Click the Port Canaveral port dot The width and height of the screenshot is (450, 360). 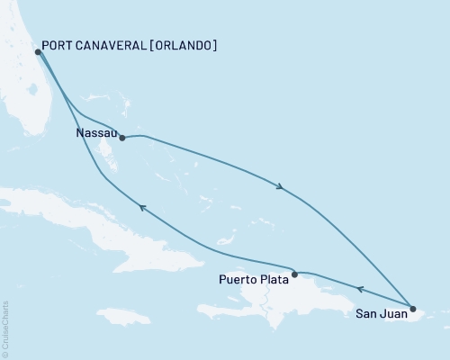(x=38, y=52)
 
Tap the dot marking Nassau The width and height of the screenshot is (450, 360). (x=121, y=139)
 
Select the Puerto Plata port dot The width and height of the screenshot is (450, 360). (x=295, y=273)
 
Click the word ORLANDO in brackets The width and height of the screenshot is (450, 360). (x=183, y=45)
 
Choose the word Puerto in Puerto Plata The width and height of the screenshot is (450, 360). (x=236, y=280)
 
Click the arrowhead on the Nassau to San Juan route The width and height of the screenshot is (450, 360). (x=281, y=187)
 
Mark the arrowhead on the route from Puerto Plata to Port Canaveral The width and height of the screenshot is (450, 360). (x=141, y=207)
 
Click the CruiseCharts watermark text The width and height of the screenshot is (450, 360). (x=5, y=328)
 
